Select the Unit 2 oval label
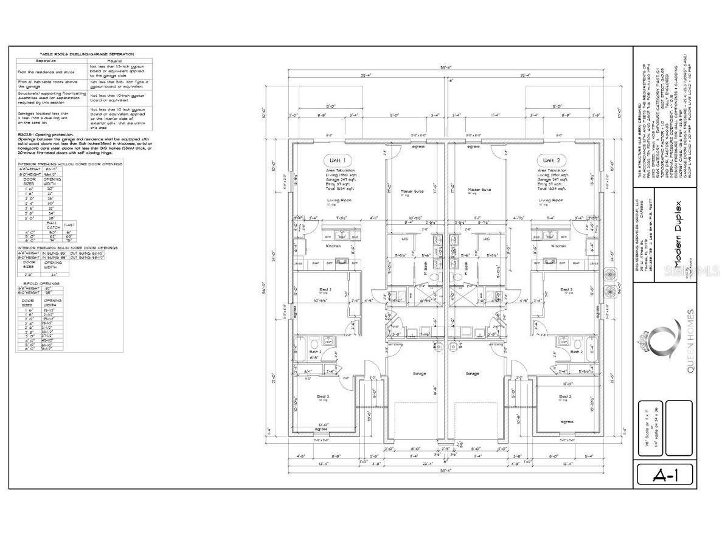552,160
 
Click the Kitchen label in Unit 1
333,246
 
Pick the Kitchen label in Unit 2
558,246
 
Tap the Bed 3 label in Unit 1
323,396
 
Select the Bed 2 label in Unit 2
566,289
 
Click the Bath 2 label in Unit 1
314,352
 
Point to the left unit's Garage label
419,373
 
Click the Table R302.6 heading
85,54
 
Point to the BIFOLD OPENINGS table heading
38,283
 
